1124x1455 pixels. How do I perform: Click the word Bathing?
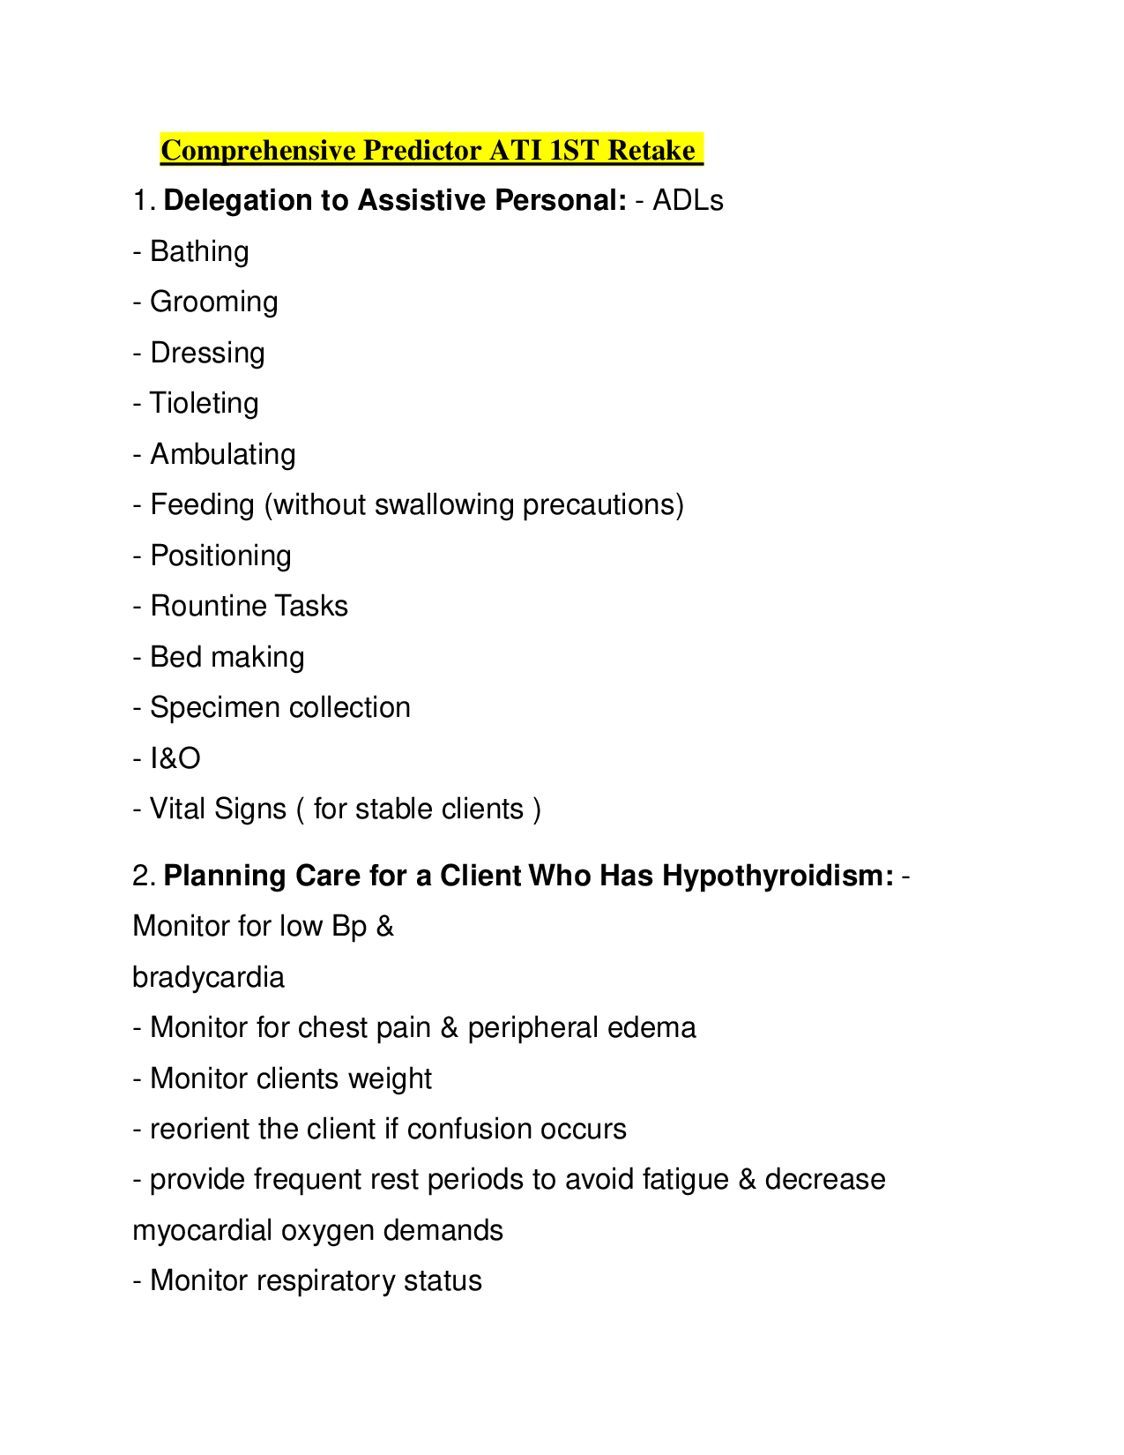(x=199, y=252)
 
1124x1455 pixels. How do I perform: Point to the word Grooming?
(x=214, y=302)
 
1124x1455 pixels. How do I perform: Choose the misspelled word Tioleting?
(x=204, y=404)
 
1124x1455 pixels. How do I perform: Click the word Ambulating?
(x=223, y=455)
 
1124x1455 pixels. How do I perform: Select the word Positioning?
(x=220, y=556)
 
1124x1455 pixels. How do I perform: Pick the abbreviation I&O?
(x=175, y=758)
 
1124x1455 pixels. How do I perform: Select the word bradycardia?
(x=208, y=978)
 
